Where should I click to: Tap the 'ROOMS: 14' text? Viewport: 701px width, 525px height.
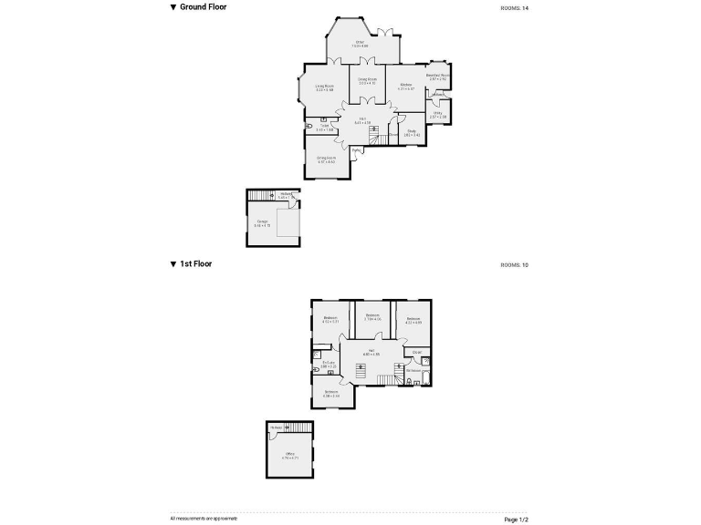coord(514,8)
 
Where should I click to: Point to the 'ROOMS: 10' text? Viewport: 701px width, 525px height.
coord(514,265)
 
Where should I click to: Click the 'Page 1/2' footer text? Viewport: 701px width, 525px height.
coord(516,519)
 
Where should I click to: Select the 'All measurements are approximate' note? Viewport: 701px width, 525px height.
coord(204,518)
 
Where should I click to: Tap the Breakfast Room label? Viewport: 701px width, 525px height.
coord(439,77)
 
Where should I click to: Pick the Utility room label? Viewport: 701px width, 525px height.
coord(438,115)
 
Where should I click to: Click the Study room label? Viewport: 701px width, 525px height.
coord(413,133)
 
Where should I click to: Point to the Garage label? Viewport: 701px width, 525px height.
coord(262,222)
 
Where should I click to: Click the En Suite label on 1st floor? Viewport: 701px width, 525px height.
coord(330,364)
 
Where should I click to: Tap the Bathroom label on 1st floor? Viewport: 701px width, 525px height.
coord(413,371)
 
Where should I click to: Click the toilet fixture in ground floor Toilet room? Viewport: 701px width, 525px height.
coord(311,125)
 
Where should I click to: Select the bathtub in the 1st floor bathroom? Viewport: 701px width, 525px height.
coord(426,373)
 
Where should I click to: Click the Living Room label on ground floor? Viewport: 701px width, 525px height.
coord(324,87)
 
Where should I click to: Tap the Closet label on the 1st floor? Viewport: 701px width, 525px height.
coord(417,352)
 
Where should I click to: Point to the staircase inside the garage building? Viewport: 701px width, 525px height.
coord(262,196)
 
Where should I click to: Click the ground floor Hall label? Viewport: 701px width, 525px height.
coord(362,120)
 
